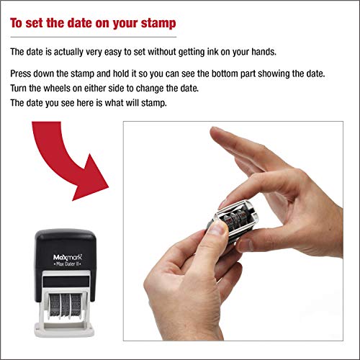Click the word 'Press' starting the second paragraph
point(22,75)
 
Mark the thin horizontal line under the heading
point(94,37)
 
